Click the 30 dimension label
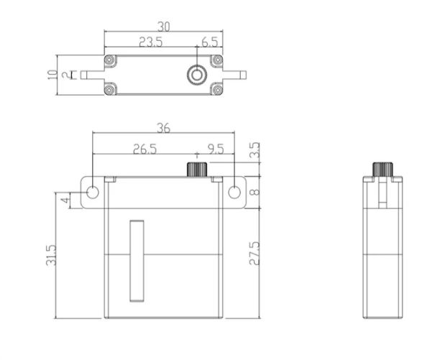click(x=164, y=27)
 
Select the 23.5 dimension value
click(x=150, y=42)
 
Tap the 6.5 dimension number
click(x=210, y=42)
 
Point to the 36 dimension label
click(x=163, y=128)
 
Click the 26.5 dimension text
click(x=145, y=149)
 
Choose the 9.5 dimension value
click(x=216, y=149)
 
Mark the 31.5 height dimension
click(x=51, y=255)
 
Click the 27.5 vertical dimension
click(x=255, y=254)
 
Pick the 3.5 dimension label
click(x=255, y=150)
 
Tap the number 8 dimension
click(x=255, y=192)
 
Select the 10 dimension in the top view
click(x=52, y=75)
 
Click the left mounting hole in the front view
click(x=93, y=193)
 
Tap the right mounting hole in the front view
click(x=234, y=193)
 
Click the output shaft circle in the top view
click(x=196, y=75)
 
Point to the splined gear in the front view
click(x=197, y=170)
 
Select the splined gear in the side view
click(x=383, y=170)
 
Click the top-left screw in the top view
click(x=109, y=60)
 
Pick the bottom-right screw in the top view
click(x=217, y=90)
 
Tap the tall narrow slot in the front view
click(x=137, y=261)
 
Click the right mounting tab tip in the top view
click(x=243, y=75)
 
